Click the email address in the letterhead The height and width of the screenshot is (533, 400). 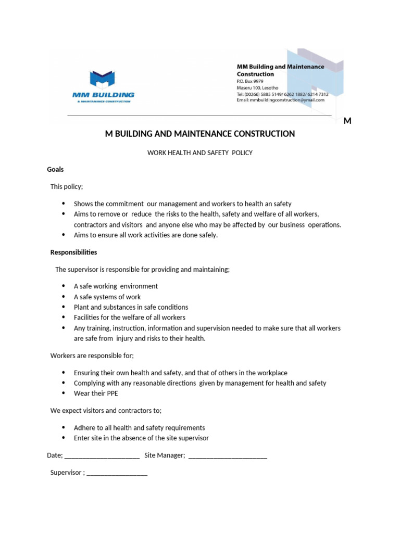point(280,100)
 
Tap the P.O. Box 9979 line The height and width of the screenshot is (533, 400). point(250,81)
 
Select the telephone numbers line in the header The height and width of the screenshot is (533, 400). point(282,94)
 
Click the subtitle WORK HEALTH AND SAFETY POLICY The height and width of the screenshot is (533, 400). point(200,153)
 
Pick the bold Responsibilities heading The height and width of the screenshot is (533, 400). point(73,252)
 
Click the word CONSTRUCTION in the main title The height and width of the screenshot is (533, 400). point(261,134)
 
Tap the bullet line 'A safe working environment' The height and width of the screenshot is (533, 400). point(116,286)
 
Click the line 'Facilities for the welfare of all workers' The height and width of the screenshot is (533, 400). point(129,318)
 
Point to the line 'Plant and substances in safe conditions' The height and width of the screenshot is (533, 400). point(131,307)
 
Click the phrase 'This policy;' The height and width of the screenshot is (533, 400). point(67,186)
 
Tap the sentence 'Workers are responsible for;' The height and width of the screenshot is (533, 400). point(92,356)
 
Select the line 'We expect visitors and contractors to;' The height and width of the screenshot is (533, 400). point(106,411)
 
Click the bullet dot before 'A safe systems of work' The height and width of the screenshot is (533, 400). point(64,297)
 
